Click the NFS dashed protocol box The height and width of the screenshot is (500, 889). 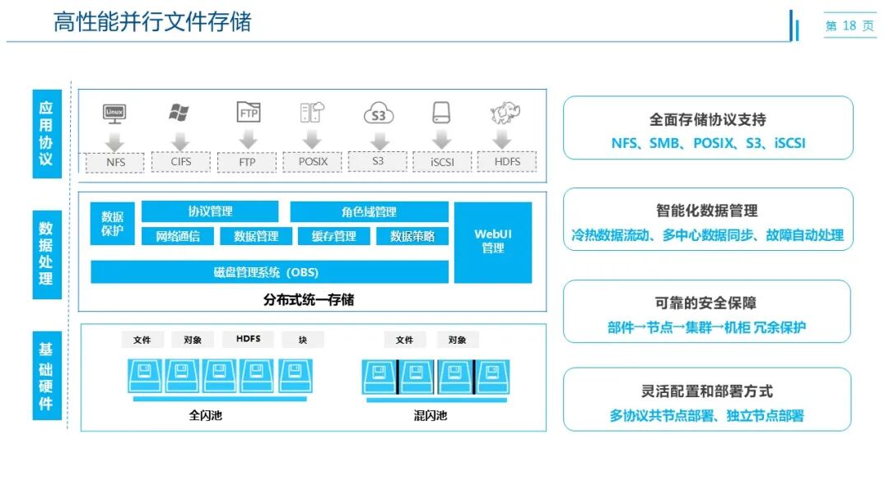point(115,162)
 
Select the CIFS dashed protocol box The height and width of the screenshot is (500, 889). point(181,161)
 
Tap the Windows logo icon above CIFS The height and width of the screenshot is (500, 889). point(179,113)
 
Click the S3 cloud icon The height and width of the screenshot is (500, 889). point(378,113)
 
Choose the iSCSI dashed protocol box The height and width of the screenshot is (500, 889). point(442,162)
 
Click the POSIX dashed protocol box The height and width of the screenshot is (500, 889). point(313,161)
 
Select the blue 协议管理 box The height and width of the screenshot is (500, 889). point(210,211)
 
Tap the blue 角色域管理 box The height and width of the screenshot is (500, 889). point(369,211)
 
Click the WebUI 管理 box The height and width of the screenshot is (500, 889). point(493,242)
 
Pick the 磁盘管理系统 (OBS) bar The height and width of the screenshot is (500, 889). point(269,272)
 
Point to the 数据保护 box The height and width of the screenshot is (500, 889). point(112,224)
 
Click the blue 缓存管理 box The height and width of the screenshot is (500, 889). point(333,236)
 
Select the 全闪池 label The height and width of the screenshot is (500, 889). point(205,415)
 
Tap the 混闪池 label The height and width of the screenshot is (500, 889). point(430,415)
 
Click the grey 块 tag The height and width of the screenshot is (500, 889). point(303,340)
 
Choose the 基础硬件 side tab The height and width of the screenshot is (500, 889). point(46,377)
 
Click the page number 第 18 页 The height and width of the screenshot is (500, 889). point(849,26)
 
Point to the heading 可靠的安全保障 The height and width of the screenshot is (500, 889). point(707,303)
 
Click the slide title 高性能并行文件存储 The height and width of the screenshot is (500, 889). point(152,21)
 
